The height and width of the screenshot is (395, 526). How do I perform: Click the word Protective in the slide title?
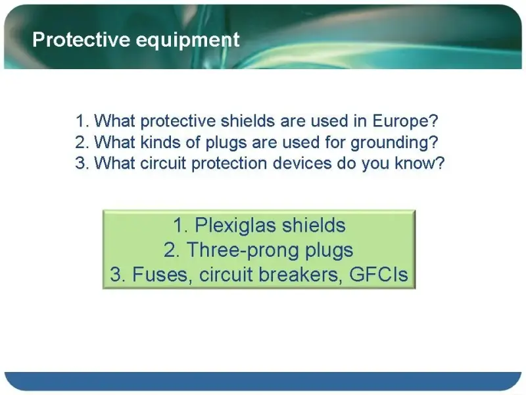click(x=81, y=39)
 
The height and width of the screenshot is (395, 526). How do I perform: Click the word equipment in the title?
click(x=187, y=41)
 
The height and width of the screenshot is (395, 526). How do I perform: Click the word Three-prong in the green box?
click(x=243, y=251)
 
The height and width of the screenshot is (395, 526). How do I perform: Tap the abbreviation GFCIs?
click(x=379, y=275)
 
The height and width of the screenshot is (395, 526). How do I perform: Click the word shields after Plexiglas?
click(x=314, y=225)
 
